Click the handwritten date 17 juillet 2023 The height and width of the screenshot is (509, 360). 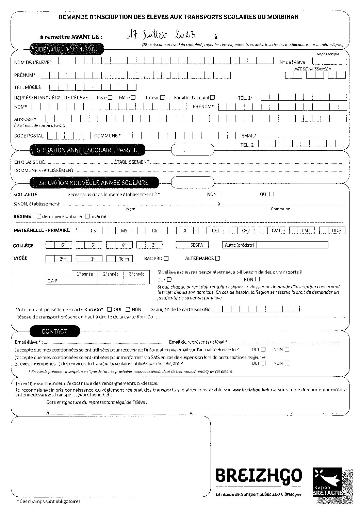161,35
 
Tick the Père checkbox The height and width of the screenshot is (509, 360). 110,98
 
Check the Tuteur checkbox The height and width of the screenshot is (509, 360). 163,98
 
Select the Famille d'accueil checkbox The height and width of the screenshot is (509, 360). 213,98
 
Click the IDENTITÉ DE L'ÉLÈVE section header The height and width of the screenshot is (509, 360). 67,49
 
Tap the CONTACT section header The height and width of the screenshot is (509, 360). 54,331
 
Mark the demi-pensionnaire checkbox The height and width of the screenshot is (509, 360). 39,216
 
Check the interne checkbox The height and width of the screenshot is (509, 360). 87,216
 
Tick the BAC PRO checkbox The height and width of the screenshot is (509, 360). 166,259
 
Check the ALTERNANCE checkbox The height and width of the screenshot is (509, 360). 218,259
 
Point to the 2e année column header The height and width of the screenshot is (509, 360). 111,274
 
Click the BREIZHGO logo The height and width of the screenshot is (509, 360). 258,475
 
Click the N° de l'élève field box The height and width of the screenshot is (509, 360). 329,61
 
